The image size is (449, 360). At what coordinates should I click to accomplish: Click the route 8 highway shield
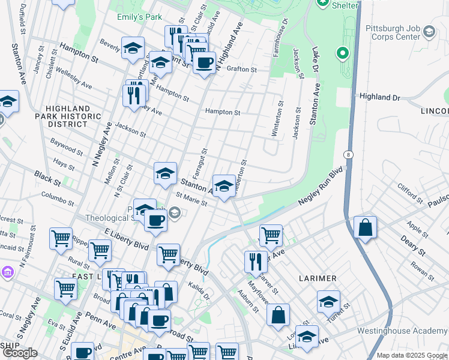point(349,154)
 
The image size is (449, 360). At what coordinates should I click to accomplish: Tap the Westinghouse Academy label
point(402,331)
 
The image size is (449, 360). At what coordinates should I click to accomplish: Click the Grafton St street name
point(242,70)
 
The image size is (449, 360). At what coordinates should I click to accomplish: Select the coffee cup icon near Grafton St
point(204,62)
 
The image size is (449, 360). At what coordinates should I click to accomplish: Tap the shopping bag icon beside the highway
point(365,228)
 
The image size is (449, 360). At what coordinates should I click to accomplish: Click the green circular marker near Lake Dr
point(343,54)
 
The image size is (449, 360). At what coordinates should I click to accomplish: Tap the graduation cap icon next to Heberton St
point(224,186)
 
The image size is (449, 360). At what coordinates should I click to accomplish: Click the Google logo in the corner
point(20,353)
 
